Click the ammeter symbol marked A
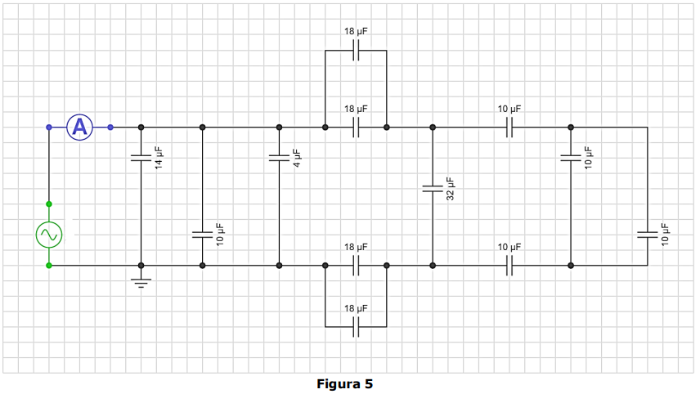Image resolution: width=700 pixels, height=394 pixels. pyautogui.click(x=80, y=128)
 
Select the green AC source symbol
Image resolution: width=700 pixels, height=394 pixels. pyautogui.click(x=49, y=235)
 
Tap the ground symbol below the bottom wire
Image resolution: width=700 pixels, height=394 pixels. pyautogui.click(x=141, y=283)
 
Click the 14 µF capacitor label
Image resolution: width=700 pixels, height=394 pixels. pyautogui.click(x=159, y=158)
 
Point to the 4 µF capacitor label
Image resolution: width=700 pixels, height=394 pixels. pyautogui.click(x=297, y=158)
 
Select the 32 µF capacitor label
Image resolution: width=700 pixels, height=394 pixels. pyautogui.click(x=451, y=189)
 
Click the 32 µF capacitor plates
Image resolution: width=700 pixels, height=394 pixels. pyautogui.click(x=433, y=189)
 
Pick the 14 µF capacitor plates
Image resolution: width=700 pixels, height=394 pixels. pyautogui.click(x=141, y=158)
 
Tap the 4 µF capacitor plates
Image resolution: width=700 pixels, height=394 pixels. pyautogui.click(x=279, y=158)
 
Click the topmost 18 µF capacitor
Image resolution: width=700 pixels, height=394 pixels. pyautogui.click(x=356, y=50)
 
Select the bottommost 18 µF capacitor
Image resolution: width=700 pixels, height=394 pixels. pyautogui.click(x=356, y=327)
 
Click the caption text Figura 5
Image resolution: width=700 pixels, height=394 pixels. pyautogui.click(x=344, y=383)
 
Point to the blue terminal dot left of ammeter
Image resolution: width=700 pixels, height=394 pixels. pyautogui.click(x=49, y=128)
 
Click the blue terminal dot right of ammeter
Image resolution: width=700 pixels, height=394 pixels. pyautogui.click(x=110, y=128)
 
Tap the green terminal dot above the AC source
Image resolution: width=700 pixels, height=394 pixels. pyautogui.click(x=49, y=204)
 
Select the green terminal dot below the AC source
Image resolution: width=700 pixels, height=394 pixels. pyautogui.click(x=49, y=266)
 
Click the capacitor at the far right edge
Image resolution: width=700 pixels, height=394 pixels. pyautogui.click(x=648, y=235)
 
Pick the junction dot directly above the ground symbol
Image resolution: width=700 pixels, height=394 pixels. pyautogui.click(x=141, y=266)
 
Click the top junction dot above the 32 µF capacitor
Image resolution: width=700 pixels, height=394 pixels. pyautogui.click(x=433, y=128)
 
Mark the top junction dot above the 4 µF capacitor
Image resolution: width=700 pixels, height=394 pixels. pyautogui.click(x=279, y=128)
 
